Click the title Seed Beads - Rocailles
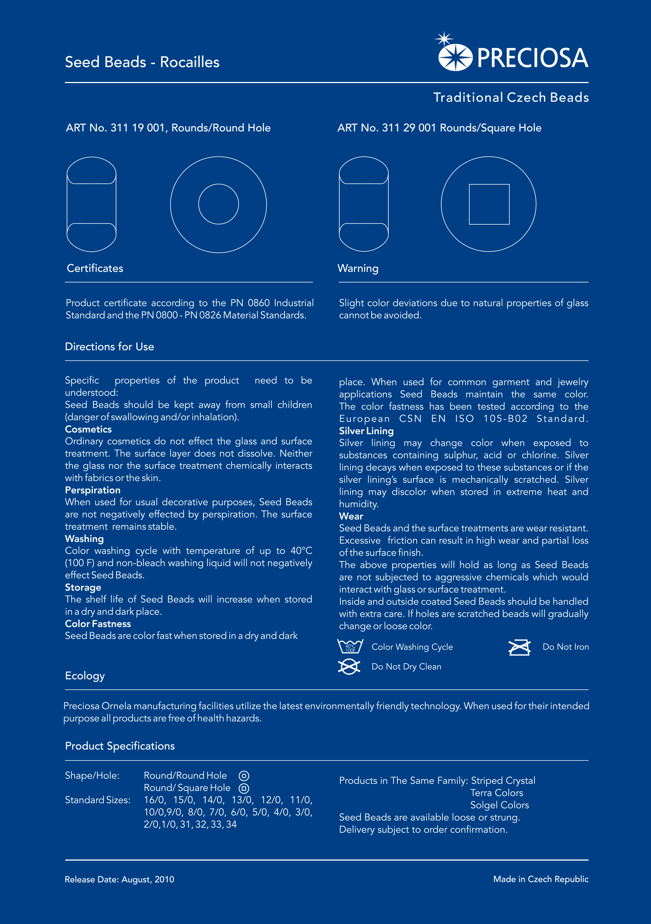(142, 62)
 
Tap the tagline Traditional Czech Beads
(511, 97)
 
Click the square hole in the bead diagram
(489, 205)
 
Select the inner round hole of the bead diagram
(219, 204)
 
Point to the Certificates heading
(95, 268)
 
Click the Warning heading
(358, 268)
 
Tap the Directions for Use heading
(109, 346)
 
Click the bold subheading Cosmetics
(89, 429)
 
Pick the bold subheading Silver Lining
(366, 431)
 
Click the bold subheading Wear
(351, 516)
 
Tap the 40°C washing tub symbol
(350, 646)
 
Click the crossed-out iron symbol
(519, 647)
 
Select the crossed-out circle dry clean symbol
(349, 667)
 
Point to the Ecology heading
(85, 676)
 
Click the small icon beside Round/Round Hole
(244, 775)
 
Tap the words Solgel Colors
(499, 805)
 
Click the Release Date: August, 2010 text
(120, 879)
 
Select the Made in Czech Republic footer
(540, 879)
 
